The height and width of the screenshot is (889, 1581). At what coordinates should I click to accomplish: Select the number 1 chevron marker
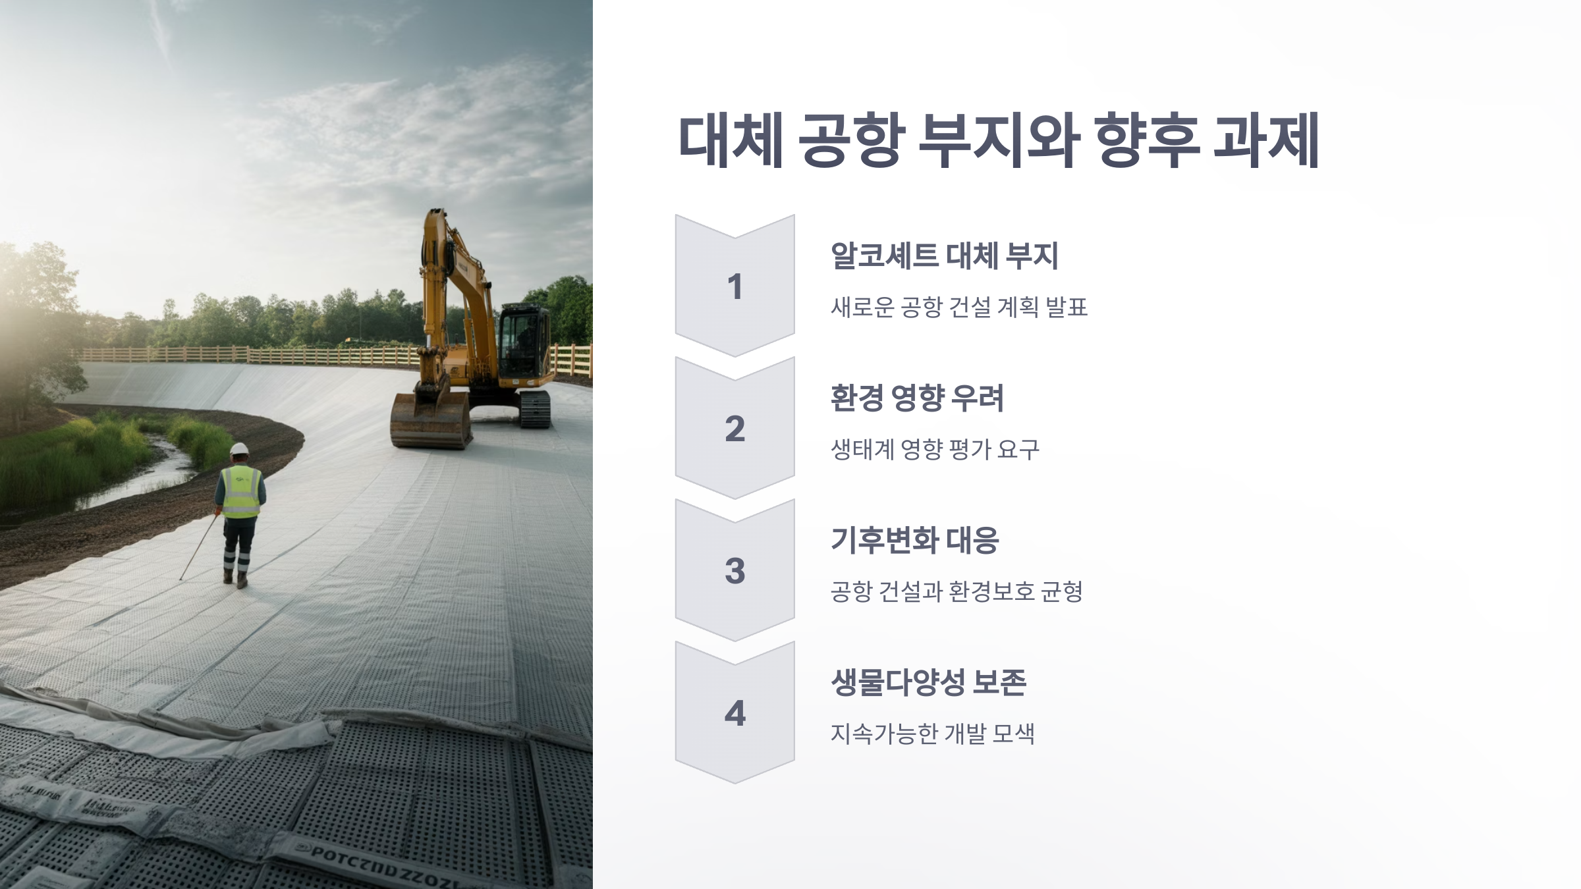click(x=735, y=286)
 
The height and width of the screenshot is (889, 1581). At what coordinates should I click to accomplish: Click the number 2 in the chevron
click(x=735, y=429)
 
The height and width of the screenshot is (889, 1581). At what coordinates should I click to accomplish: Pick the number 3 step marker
click(x=735, y=571)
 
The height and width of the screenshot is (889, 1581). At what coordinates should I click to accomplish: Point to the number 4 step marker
click(x=735, y=713)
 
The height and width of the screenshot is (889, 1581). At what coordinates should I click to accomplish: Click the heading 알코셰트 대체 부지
click(x=944, y=256)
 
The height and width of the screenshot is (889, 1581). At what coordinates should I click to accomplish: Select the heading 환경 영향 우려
click(x=916, y=398)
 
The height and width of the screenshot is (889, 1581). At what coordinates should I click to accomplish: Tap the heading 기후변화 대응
click(x=914, y=541)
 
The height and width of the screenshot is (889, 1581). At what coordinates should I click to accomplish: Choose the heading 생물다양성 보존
click(x=928, y=683)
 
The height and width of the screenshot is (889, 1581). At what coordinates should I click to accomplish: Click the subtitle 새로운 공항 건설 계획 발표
click(x=958, y=308)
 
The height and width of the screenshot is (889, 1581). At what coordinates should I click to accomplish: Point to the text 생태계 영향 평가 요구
click(x=935, y=450)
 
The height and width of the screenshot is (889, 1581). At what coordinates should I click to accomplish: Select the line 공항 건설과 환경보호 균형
click(x=957, y=592)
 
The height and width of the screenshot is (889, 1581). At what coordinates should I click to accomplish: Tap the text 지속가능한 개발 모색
click(x=932, y=734)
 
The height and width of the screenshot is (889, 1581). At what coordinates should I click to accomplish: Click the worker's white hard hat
click(x=239, y=449)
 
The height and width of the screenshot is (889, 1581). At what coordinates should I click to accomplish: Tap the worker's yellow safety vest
click(x=241, y=492)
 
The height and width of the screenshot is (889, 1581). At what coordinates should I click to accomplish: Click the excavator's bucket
click(x=430, y=421)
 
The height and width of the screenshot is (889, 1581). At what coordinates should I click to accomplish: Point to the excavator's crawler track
click(x=534, y=409)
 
